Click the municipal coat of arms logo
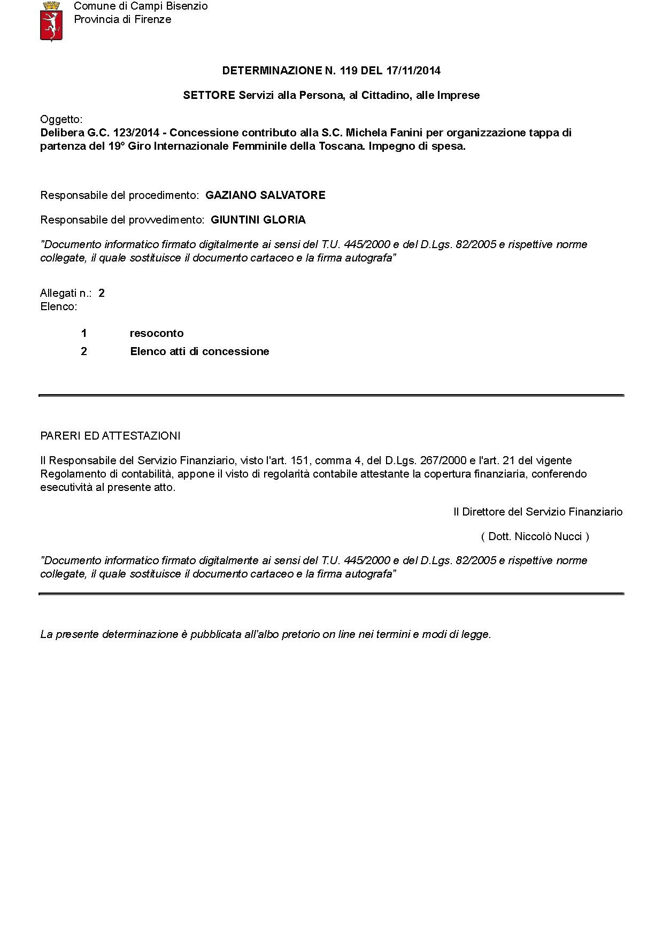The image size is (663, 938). coord(52,21)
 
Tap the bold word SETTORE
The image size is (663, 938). coord(209,95)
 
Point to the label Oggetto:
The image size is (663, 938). coord(61,119)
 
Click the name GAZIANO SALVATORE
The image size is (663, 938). coord(265,195)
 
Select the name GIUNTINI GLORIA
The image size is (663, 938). coord(258,220)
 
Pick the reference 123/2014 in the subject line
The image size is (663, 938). coord(136,133)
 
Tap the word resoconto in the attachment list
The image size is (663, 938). coord(157,333)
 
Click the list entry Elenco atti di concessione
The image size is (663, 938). coord(199,351)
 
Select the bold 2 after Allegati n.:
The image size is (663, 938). coord(102,293)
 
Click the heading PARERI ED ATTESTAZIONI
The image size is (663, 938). coord(110,436)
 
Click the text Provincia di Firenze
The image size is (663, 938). coord(122,20)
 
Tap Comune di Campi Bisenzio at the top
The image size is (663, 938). coord(141,6)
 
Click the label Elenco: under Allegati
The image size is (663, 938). coord(59,306)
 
